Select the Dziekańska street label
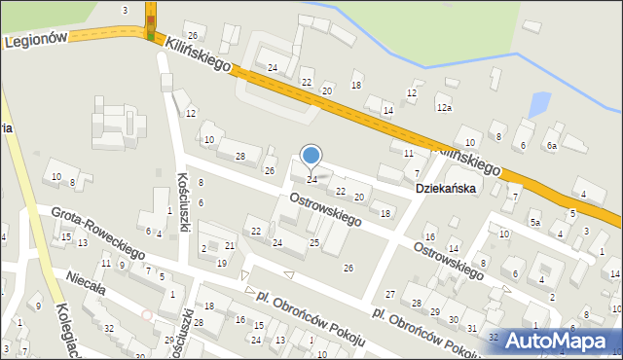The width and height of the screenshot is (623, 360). point(446,189)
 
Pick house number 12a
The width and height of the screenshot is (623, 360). point(444,108)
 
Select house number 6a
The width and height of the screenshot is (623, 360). point(551,146)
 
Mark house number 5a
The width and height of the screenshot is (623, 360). point(534,222)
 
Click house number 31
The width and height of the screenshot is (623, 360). point(471,328)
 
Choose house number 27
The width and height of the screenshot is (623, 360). point(390,294)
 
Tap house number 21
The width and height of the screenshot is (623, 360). point(230,245)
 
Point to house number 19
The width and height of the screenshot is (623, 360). point(222,263)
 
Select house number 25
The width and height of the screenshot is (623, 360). point(313,241)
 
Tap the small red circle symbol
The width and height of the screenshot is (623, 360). point(146,314)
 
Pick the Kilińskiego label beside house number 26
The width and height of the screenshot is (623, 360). point(198,54)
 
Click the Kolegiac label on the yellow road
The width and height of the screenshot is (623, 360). point(49,332)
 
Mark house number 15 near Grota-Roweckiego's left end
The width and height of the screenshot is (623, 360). point(65,237)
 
